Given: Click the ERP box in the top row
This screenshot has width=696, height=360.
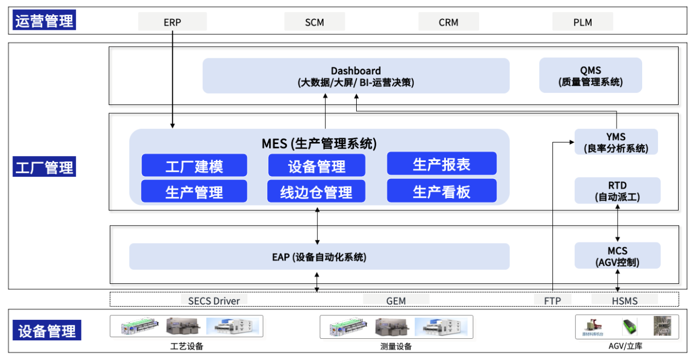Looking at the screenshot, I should pyautogui.click(x=172, y=22).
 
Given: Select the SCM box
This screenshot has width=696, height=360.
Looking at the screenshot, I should pyautogui.click(x=314, y=22).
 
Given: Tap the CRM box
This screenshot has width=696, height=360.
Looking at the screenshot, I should pyautogui.click(x=449, y=22).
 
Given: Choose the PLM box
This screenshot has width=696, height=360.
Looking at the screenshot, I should pyautogui.click(x=582, y=22).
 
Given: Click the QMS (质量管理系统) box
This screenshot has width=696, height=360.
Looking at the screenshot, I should pyautogui.click(x=591, y=76).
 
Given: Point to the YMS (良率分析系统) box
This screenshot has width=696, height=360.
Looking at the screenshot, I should pyautogui.click(x=616, y=142).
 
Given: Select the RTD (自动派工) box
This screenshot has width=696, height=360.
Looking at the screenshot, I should pyautogui.click(x=617, y=191).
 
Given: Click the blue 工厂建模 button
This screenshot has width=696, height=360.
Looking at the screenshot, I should pyautogui.click(x=194, y=165).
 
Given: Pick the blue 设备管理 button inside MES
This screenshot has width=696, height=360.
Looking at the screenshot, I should pyautogui.click(x=316, y=165).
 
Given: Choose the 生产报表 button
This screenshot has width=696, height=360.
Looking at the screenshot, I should pyautogui.click(x=442, y=164).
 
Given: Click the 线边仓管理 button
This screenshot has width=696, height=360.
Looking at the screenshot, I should pyautogui.click(x=316, y=191).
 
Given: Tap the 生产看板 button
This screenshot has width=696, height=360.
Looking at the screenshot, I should pyautogui.click(x=442, y=191).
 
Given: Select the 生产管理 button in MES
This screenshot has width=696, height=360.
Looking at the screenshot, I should pyautogui.click(x=194, y=191).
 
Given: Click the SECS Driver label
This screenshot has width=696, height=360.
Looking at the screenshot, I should pyautogui.click(x=214, y=300).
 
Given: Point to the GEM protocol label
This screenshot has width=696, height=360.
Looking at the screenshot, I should pyautogui.click(x=396, y=300).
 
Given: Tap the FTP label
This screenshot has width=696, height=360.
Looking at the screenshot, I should pyautogui.click(x=552, y=300).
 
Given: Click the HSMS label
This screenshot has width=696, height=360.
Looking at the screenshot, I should pyautogui.click(x=624, y=300).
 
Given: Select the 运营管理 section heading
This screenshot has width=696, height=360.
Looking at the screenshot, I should pyautogui.click(x=44, y=21).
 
